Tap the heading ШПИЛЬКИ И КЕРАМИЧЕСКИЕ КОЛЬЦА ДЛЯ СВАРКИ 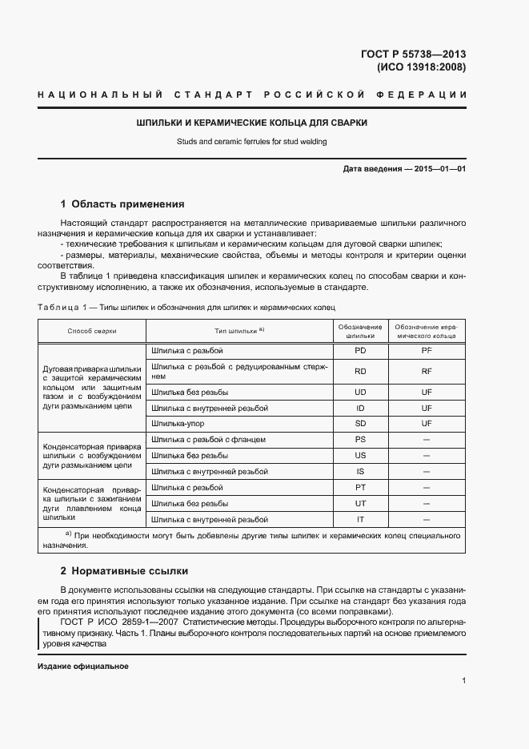coord(252,123)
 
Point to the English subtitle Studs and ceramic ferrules coord(252,142)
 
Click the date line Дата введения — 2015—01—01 coord(404,169)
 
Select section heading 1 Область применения coord(122,204)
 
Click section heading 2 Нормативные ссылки coord(124,571)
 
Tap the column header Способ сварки coord(92,330)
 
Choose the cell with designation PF coord(427,351)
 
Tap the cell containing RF coord(427,371)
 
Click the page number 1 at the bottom coord(463,681)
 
